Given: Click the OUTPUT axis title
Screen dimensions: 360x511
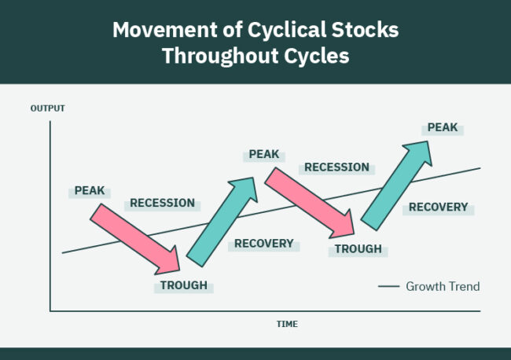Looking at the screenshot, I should point(47,108).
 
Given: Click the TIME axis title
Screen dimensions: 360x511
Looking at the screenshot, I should point(287,324).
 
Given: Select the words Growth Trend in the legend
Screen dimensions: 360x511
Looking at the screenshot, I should point(442,287).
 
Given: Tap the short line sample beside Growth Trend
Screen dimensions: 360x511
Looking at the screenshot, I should point(388,287).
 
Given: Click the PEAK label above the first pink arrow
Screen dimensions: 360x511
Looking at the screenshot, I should point(90,191).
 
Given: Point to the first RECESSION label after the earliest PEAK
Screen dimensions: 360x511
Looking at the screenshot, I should point(162,203).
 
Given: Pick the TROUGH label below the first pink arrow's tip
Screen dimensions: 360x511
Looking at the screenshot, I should point(184,285).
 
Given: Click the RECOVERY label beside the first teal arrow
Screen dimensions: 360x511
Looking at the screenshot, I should point(263,244).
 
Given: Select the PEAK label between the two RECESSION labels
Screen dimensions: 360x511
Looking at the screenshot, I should point(264,154).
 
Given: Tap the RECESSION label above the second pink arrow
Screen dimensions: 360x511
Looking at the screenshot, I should point(336,167).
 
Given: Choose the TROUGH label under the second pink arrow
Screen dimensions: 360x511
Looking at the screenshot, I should point(358,249).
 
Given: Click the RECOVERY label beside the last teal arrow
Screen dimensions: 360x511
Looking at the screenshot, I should point(438,208).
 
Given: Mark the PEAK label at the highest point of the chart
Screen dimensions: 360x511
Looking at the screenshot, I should point(442,127).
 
